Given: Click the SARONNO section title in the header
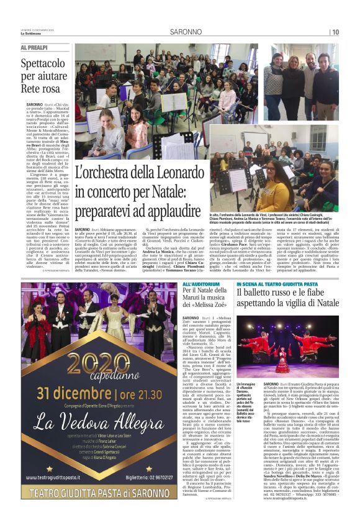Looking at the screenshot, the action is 184,32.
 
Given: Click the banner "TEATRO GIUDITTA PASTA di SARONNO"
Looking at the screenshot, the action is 99,501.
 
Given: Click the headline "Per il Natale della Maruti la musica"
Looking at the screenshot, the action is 207,300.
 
